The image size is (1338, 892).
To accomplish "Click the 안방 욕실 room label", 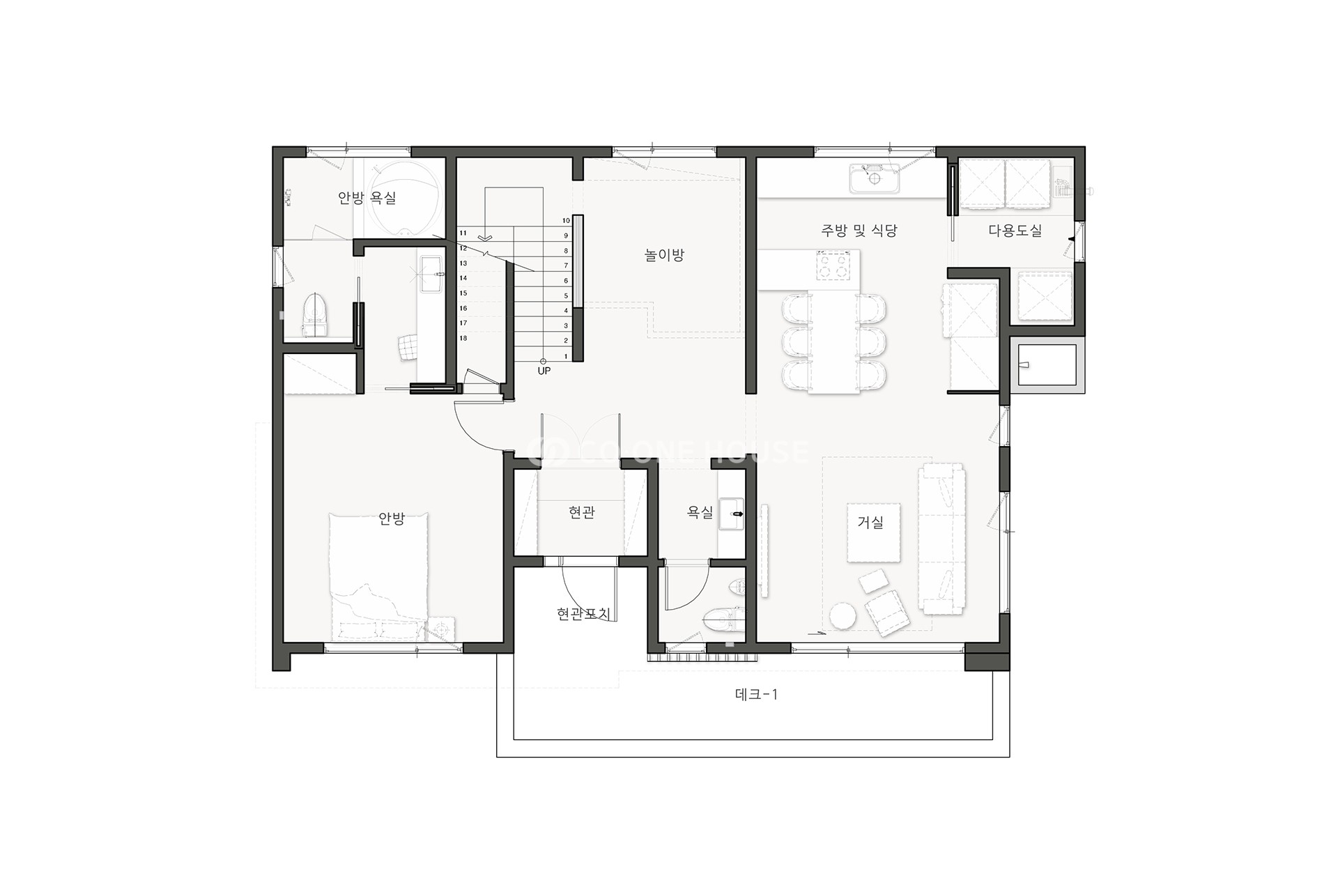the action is click(367, 198).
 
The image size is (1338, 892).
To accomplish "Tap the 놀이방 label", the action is click(664, 255).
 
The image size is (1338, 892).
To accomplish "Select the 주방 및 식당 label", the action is click(859, 230).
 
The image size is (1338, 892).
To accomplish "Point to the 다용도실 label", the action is click(1015, 230).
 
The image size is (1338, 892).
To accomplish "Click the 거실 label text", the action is click(870, 522).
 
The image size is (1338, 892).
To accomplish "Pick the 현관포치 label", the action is click(583, 614).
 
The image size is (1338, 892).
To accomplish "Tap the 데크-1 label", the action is click(756, 694).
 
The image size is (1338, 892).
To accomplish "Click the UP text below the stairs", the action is click(544, 371).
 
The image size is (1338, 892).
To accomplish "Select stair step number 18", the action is click(463, 338).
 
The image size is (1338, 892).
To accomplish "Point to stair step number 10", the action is click(567, 220).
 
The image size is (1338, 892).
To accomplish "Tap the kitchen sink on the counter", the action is click(875, 178).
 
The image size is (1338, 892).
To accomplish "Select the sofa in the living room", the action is click(942, 539).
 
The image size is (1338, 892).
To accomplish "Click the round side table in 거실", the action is click(843, 617).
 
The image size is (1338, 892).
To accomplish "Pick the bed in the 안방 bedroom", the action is click(378, 577).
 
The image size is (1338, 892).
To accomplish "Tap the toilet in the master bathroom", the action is click(314, 316).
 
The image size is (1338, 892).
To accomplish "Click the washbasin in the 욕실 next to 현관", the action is click(732, 514).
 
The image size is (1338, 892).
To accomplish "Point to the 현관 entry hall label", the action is click(582, 513).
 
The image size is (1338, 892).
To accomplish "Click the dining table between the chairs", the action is click(833, 341).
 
